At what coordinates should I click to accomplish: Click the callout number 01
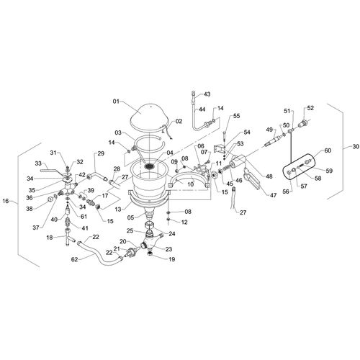point(116,102)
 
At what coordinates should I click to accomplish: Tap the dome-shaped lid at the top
point(150,118)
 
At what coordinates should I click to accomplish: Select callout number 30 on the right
point(356,146)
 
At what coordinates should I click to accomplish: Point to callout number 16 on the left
point(6,201)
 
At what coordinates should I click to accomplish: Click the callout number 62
point(75,259)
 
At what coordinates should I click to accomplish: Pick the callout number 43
point(207,94)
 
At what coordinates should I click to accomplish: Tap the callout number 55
point(236,116)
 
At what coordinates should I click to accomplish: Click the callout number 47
point(273,195)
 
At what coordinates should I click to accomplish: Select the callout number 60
point(328,150)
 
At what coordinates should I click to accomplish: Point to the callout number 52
point(310,108)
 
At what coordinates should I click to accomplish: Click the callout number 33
point(38,163)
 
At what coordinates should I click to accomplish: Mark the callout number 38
point(30,209)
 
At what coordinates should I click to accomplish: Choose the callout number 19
point(171,259)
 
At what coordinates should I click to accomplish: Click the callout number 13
point(118,210)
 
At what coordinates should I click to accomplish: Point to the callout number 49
point(269,130)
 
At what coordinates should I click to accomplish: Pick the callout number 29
point(101,153)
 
